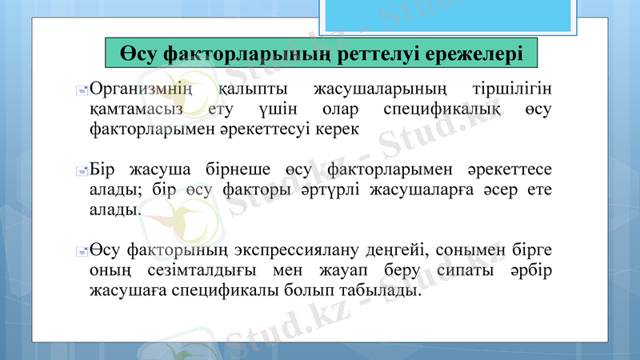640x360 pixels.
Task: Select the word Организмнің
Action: click(141, 87)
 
